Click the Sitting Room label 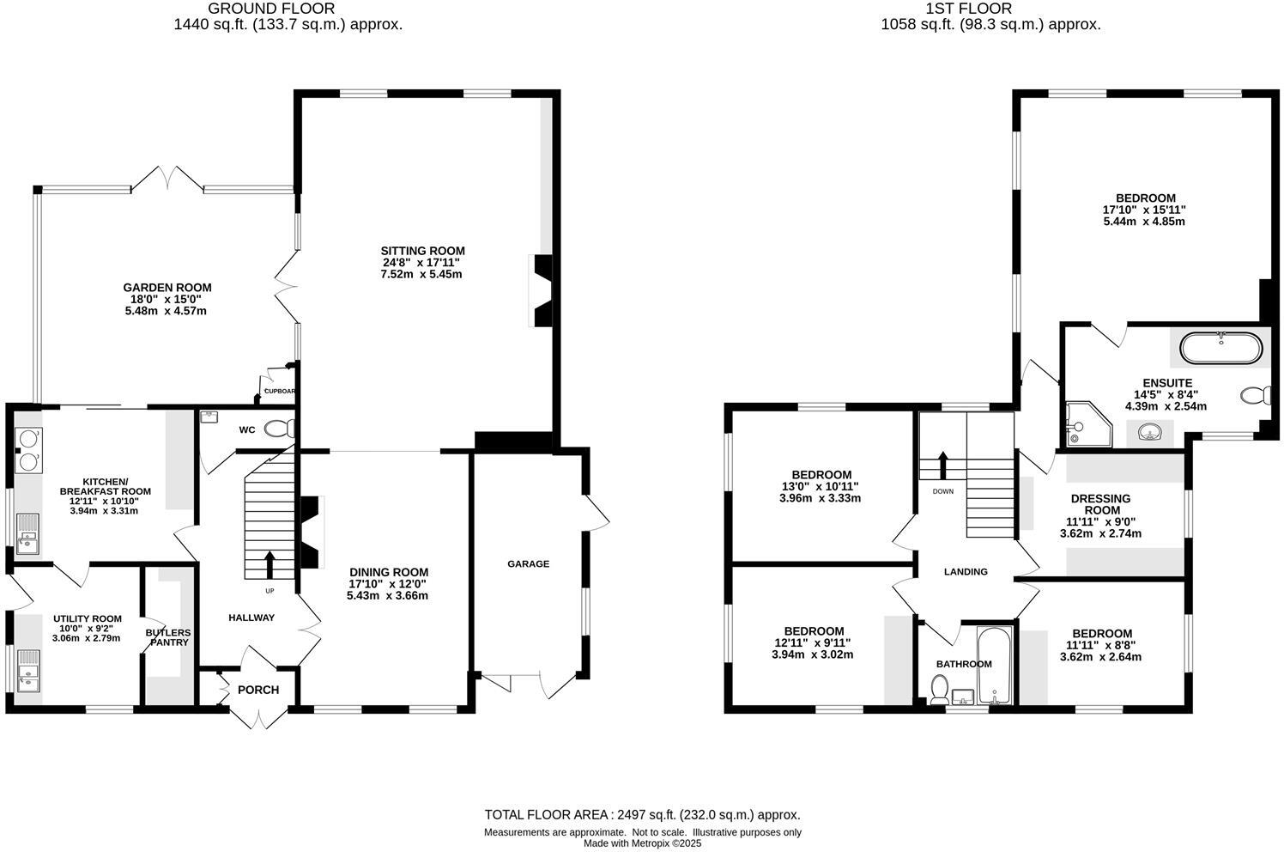[x=422, y=251]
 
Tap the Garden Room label [x=167, y=288]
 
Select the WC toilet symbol [x=278, y=428]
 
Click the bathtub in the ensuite [x=1220, y=349]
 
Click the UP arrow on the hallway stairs [x=270, y=564]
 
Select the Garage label [x=528, y=564]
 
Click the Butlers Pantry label [x=168, y=637]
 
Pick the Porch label [x=258, y=690]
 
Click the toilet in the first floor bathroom [x=939, y=688]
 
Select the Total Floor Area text [x=642, y=815]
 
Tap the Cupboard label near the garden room [x=280, y=392]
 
